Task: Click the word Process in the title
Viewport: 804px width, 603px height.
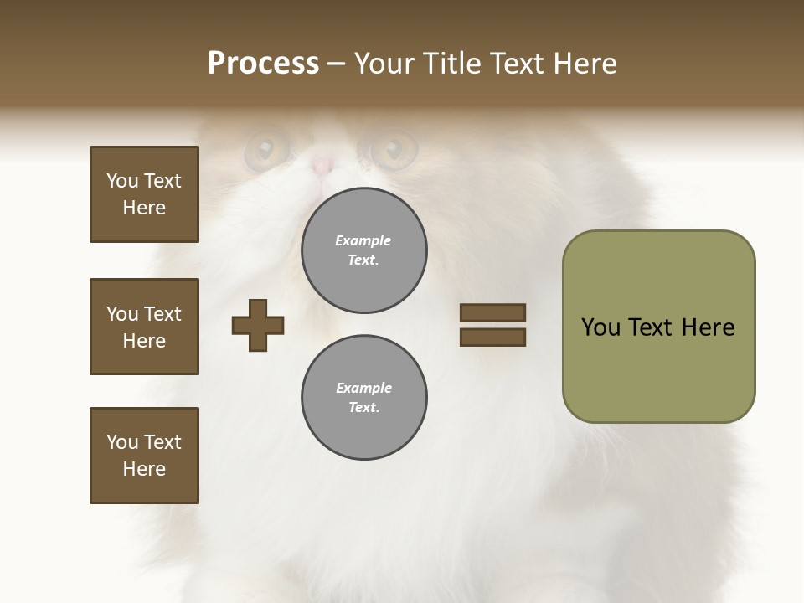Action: (x=263, y=64)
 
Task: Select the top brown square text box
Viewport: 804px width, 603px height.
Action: (x=144, y=194)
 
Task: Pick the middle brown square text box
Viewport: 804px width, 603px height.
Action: (x=144, y=327)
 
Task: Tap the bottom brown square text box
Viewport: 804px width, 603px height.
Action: (x=144, y=456)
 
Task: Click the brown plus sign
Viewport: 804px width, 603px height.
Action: (x=258, y=325)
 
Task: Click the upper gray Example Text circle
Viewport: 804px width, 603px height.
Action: (x=363, y=250)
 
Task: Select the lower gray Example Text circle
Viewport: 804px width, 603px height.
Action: (x=363, y=398)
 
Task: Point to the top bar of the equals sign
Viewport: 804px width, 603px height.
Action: (x=492, y=312)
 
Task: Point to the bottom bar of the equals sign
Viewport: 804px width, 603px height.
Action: (x=492, y=338)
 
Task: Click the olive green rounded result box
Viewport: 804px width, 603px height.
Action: (x=658, y=327)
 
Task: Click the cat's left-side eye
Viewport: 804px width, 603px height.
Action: (x=265, y=150)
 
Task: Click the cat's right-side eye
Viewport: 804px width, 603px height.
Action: (x=393, y=150)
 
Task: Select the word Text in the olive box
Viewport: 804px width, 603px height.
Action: (x=652, y=327)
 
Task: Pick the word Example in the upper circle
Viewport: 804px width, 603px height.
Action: (x=363, y=240)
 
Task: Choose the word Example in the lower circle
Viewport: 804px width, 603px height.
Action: (x=363, y=388)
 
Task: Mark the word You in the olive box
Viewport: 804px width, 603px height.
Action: (x=600, y=327)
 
